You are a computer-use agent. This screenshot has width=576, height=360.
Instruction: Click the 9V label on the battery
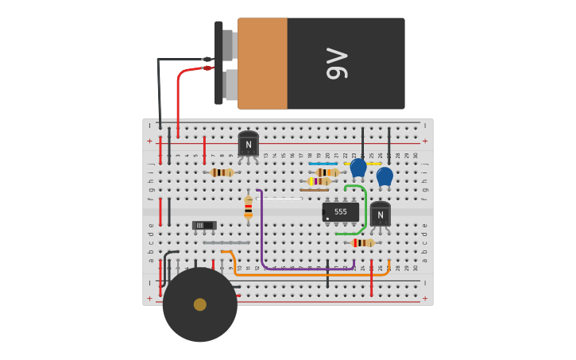point(337,64)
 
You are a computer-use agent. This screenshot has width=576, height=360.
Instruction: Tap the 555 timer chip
point(340,212)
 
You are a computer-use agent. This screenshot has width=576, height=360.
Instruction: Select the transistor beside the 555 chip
point(380,215)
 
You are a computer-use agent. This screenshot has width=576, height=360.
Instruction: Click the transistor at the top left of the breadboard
point(248,144)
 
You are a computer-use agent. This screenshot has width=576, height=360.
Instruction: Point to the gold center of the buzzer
point(200,304)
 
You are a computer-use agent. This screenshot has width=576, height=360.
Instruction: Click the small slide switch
point(204,226)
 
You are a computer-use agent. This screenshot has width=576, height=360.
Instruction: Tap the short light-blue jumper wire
point(323,164)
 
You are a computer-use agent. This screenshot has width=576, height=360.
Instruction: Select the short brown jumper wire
point(314,190)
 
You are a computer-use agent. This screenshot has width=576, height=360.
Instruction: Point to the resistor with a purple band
point(319,181)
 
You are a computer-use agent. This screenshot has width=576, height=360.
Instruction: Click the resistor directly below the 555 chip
point(363,242)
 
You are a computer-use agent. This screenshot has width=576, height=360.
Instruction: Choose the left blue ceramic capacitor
point(358,167)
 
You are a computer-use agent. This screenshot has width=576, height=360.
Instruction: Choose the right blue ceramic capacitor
point(385,176)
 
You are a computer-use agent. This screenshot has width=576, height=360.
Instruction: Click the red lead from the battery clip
point(180,95)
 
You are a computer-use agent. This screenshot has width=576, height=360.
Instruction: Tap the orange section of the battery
point(262,64)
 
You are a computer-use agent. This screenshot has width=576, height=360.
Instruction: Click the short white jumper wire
point(278,199)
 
